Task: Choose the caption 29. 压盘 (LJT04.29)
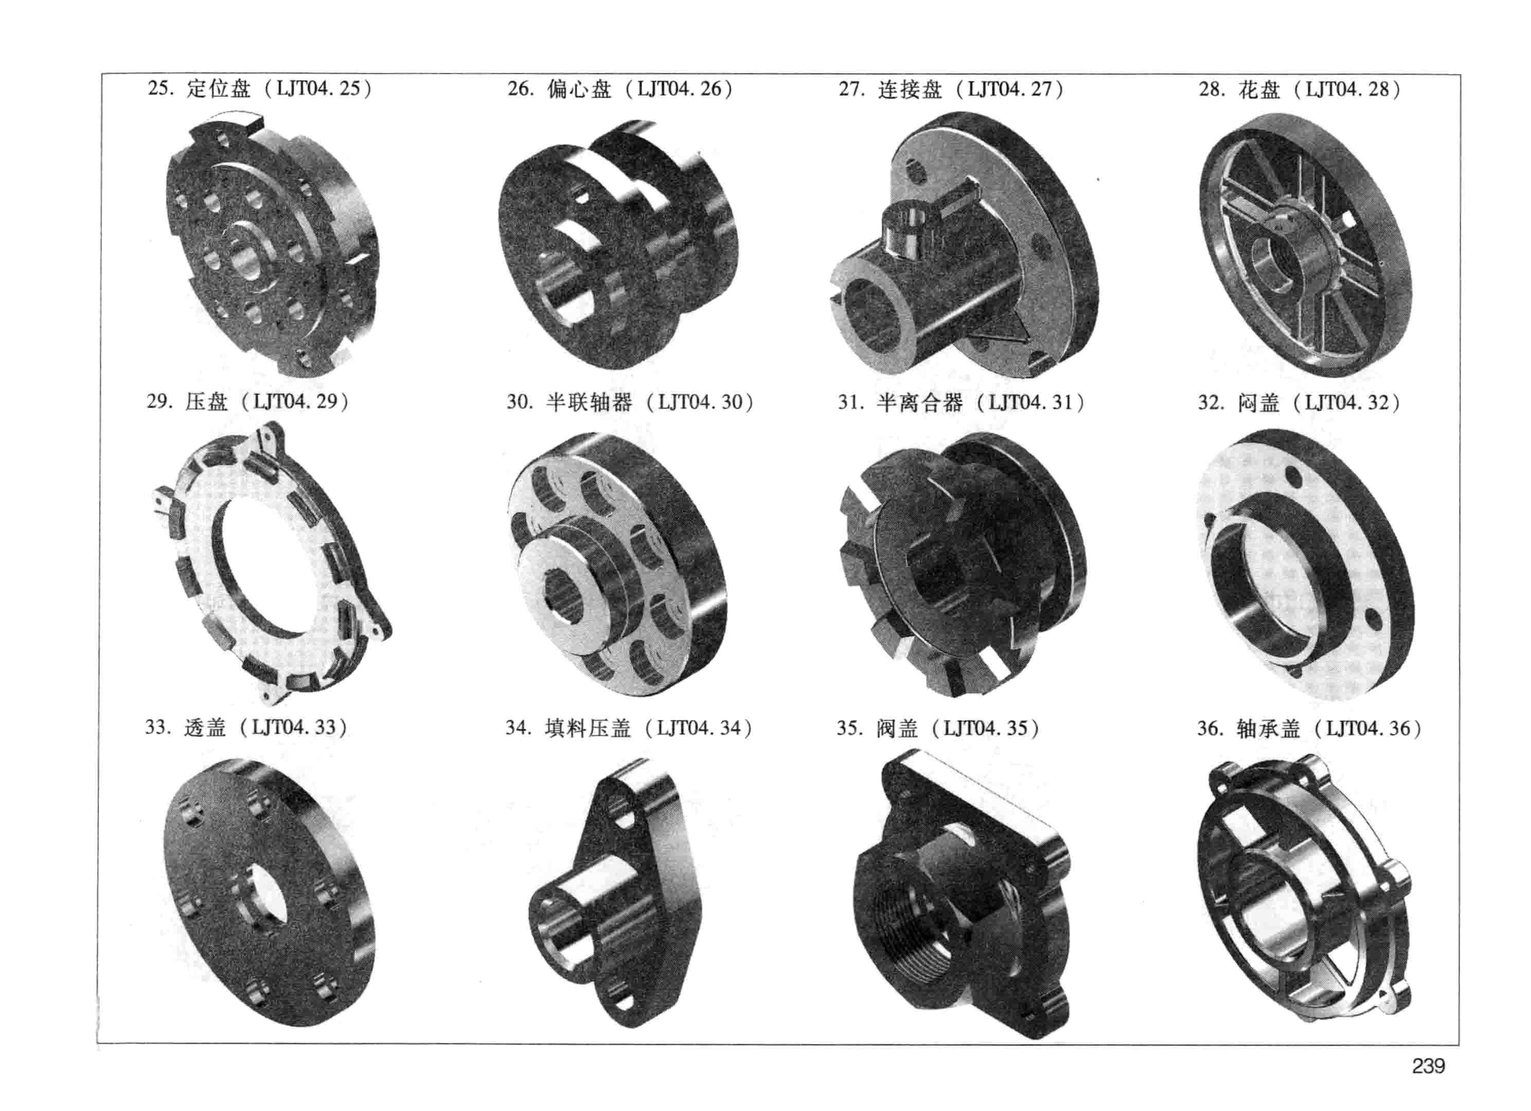(248, 402)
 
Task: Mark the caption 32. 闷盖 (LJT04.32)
(1299, 402)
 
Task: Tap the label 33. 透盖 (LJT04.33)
(246, 727)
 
